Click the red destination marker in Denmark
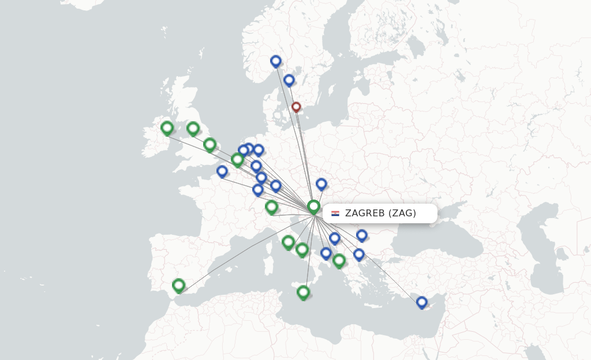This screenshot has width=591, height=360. click(296, 107)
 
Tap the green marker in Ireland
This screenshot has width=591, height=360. click(167, 127)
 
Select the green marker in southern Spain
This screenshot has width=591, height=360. click(179, 285)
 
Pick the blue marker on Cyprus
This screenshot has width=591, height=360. click(422, 302)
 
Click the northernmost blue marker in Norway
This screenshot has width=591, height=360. click(276, 61)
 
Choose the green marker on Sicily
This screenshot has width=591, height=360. click(304, 292)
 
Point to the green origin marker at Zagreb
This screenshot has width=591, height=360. click(313, 206)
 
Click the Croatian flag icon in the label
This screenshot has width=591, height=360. click(335, 213)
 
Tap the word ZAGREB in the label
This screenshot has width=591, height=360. click(365, 213)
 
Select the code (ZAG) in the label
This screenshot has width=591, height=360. click(402, 213)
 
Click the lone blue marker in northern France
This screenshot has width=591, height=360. click(222, 171)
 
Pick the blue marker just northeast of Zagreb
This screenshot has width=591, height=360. click(321, 184)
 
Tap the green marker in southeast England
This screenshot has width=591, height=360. click(210, 144)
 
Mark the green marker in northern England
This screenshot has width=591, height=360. click(193, 128)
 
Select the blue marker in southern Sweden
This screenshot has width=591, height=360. click(289, 80)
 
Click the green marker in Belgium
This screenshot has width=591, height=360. click(237, 159)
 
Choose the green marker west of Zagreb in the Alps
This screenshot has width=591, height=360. click(272, 207)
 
